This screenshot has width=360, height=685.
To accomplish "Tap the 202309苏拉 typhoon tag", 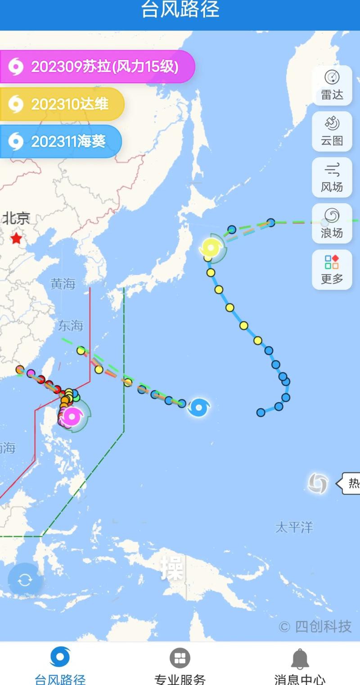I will coord(97,67).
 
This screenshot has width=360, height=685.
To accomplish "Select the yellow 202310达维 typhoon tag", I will coord(62,104).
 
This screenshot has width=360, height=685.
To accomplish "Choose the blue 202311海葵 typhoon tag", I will coord(61,142).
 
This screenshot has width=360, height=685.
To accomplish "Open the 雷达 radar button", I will coord(332,85).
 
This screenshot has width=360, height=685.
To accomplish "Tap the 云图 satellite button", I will coord(332,131).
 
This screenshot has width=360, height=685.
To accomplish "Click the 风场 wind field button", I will coord(332,177).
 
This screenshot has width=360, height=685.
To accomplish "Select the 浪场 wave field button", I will coord(332,223).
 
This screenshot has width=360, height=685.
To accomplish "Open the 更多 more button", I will coord(332,269).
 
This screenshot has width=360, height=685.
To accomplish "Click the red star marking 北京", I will coord(16,238).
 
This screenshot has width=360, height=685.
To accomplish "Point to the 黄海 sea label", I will coord(63,284).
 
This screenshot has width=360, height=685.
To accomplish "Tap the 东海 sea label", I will coord(71,325).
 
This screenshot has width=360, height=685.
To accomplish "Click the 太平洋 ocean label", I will coord(294,527).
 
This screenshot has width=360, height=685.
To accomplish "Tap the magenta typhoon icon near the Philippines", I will coord(72,417).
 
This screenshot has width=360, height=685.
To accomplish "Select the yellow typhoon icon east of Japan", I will coord(210,248).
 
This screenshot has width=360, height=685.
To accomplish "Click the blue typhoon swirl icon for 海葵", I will coord(198,407).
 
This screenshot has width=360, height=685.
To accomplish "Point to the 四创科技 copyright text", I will coord(315,626).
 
